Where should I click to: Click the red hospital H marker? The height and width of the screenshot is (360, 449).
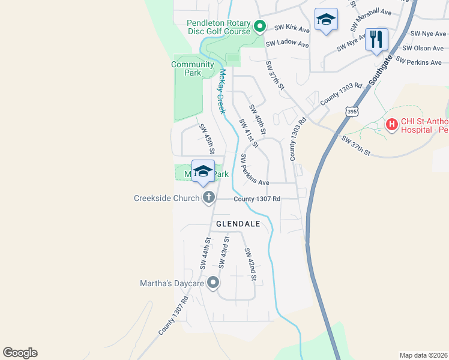point(392,125)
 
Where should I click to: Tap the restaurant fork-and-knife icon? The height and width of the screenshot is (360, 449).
point(376,40)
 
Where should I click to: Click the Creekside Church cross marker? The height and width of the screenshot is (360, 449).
point(209,197)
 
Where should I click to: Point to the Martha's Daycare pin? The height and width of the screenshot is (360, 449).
point(212,283)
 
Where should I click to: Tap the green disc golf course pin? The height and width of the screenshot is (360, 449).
point(260,26)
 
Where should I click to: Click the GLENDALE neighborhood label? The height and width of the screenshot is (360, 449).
point(238,224)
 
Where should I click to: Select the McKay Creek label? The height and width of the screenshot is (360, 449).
point(221,91)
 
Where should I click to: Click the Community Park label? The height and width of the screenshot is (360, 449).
point(193,68)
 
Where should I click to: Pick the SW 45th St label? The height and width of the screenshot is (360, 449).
point(207,139)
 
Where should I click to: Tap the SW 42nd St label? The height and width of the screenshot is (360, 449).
point(250,265)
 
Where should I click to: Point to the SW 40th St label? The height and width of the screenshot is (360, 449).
point(258,119)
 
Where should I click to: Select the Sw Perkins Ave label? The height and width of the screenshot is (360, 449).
point(255,170)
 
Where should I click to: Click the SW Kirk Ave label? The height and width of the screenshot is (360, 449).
point(292,28)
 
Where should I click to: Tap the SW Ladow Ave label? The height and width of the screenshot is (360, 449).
point(287,44)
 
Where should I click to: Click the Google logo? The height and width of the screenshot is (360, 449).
point(20,353)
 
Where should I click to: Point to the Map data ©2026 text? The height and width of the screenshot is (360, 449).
point(423,355)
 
